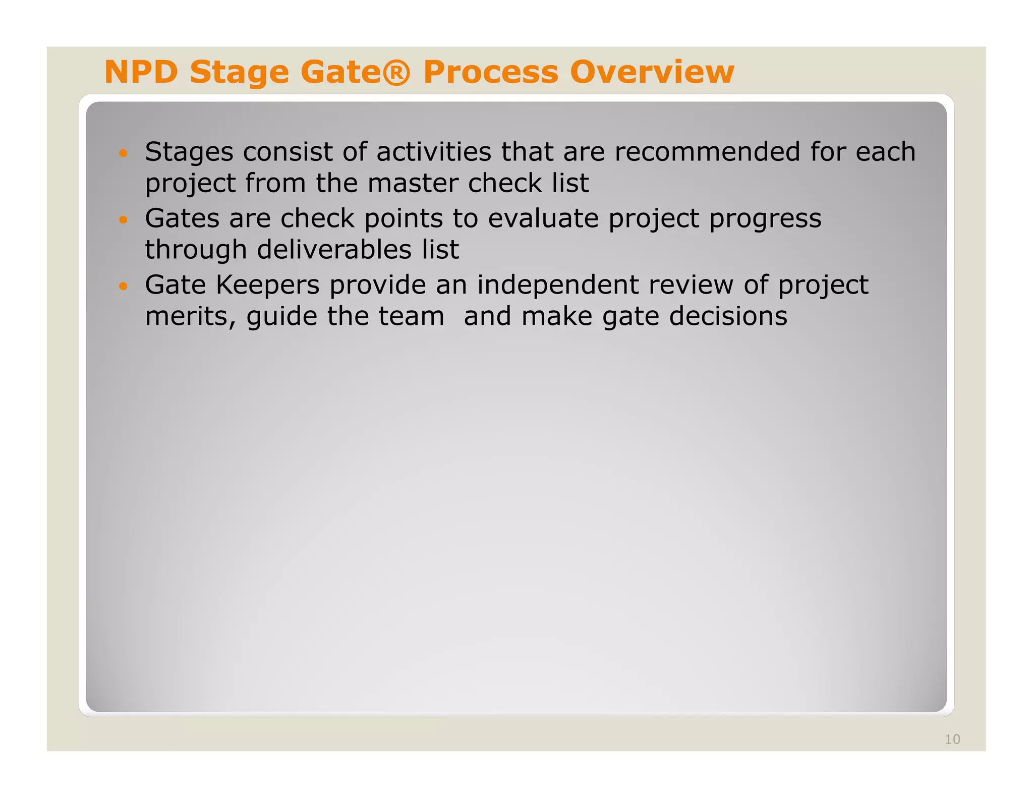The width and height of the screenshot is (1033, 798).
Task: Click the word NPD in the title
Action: coord(141,72)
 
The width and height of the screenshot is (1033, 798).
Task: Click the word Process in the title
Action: coord(491,72)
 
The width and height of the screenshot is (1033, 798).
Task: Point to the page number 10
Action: coord(952,739)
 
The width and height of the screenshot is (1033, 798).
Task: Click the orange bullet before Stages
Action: coord(123,153)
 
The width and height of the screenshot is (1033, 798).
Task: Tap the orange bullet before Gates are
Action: coord(123,219)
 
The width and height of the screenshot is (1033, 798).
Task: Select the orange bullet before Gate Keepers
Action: coord(123,286)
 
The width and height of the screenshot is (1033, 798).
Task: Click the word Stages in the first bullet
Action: coord(189,153)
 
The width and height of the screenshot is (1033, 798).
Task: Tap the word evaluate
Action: coord(543,218)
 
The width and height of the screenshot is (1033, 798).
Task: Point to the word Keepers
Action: coord(267,286)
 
